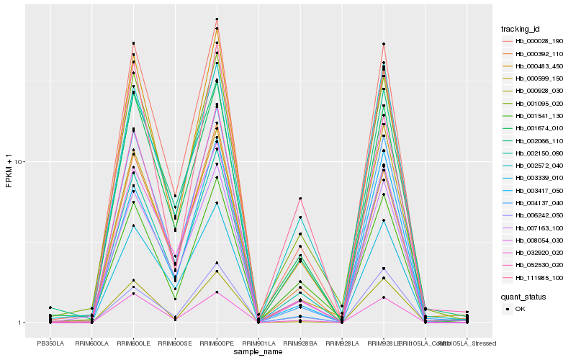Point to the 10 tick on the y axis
click(x=19, y=161)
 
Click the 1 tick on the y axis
click(x=21, y=323)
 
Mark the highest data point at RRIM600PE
click(x=217, y=19)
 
